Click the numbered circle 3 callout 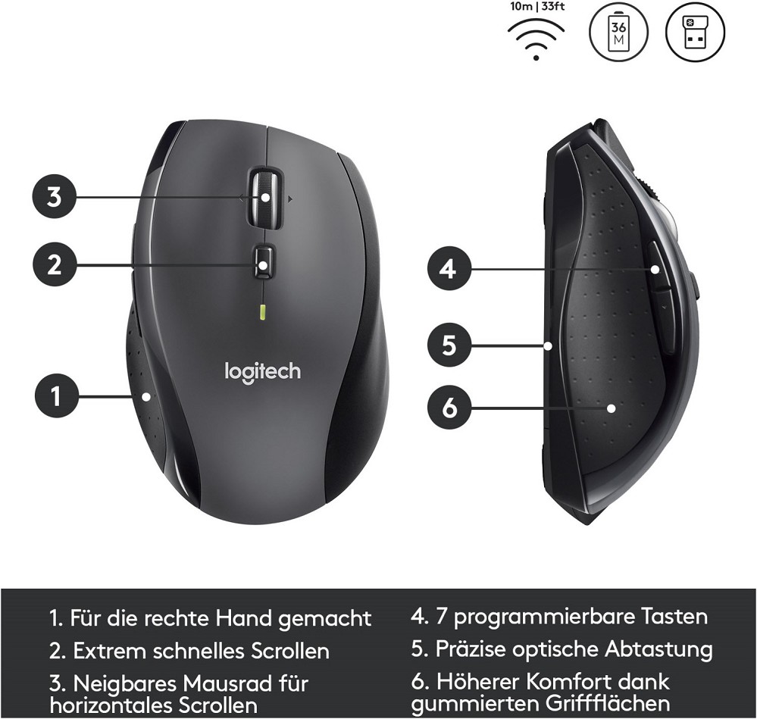tap(55, 198)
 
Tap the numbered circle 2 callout tap(55, 265)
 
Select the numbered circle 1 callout tap(56, 396)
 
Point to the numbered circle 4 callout tap(449, 268)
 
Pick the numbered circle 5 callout tap(449, 345)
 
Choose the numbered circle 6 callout tap(449, 408)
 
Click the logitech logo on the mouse tap(263, 373)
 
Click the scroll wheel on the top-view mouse tap(264, 197)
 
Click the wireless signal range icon tap(536, 39)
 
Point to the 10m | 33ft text tap(536, 8)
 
